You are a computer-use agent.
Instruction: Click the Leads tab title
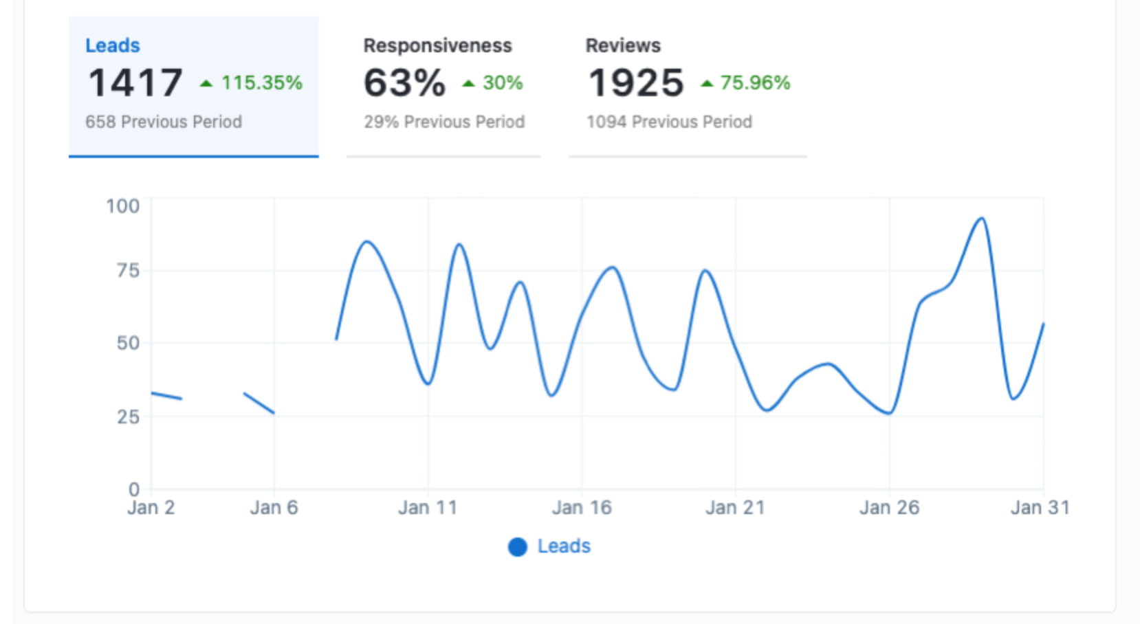pyautogui.click(x=113, y=45)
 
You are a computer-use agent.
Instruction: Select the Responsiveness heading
pyautogui.click(x=437, y=45)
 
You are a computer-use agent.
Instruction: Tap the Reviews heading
pyautogui.click(x=623, y=45)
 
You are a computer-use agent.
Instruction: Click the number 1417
pyautogui.click(x=135, y=82)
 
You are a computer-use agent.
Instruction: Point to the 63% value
pyautogui.click(x=404, y=82)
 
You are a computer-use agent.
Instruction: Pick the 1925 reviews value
pyautogui.click(x=636, y=82)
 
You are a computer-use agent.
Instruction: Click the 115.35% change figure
pyautogui.click(x=261, y=82)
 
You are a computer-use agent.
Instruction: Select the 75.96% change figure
pyautogui.click(x=755, y=82)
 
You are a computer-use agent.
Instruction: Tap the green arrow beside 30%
pyautogui.click(x=469, y=84)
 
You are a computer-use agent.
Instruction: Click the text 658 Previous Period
pyautogui.click(x=164, y=122)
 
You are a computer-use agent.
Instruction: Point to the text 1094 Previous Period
pyautogui.click(x=669, y=122)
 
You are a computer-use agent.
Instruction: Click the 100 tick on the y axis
pyautogui.click(x=123, y=206)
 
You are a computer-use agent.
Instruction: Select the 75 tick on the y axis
pyautogui.click(x=128, y=270)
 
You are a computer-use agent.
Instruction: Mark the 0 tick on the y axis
pyautogui.click(x=134, y=489)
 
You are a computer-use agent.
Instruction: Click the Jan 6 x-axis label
pyautogui.click(x=274, y=508)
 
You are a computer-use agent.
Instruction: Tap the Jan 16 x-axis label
pyautogui.click(x=582, y=508)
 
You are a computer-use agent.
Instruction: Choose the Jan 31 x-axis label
pyautogui.click(x=1040, y=508)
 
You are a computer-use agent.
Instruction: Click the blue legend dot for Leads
pyautogui.click(x=518, y=546)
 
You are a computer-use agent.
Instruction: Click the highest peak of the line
pyautogui.click(x=982, y=219)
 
